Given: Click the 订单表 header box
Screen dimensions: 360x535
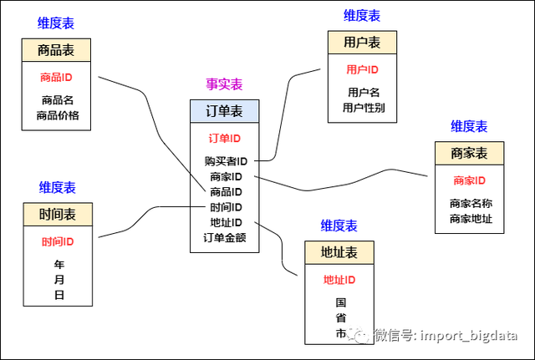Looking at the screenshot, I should tap(225, 111).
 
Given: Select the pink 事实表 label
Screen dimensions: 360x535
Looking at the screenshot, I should tap(225, 84).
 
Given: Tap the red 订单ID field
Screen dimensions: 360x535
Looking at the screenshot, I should tap(225, 138).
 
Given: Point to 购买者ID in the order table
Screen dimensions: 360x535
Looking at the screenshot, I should tap(226, 161).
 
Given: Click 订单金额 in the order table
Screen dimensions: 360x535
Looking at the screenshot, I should tap(225, 237).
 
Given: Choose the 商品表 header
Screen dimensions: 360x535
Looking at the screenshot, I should tap(56, 50).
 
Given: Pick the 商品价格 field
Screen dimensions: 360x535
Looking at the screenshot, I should tap(57, 115).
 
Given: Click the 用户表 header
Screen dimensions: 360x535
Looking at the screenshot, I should tap(362, 43).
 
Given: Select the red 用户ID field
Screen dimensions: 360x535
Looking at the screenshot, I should tap(362, 69).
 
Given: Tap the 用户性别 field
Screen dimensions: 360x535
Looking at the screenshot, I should tap(362, 107).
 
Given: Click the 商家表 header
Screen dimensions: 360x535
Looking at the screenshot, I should tap(469, 154).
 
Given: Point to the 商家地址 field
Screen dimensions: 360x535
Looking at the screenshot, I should tap(470, 219).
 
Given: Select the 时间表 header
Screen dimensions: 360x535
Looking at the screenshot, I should tap(57, 215).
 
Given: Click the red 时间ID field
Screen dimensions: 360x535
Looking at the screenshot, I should tap(58, 242).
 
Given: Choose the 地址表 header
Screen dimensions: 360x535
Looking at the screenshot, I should tap(339, 252).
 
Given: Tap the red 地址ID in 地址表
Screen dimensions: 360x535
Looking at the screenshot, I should tap(339, 280).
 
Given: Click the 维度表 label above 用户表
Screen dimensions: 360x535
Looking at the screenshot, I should tap(362, 16).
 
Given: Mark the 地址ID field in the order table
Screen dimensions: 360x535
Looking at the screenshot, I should tap(226, 222).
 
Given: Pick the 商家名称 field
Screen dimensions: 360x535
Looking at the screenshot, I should tap(470, 203).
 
